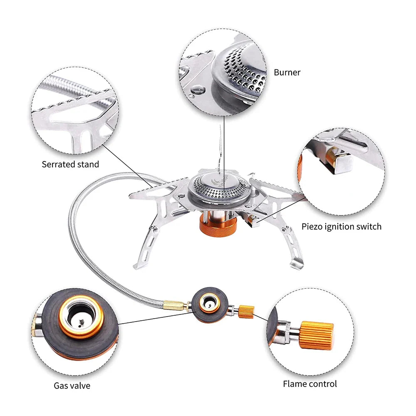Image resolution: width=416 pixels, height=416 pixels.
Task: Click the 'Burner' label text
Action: point(287,72)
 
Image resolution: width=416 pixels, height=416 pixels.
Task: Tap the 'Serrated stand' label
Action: point(70,164)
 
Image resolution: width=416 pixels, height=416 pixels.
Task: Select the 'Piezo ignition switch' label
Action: point(341,227)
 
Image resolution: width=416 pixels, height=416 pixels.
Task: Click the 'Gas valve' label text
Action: point(72,386)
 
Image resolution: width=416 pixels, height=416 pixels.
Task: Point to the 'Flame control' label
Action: point(310,384)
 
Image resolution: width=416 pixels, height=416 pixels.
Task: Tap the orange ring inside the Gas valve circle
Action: point(81,318)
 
